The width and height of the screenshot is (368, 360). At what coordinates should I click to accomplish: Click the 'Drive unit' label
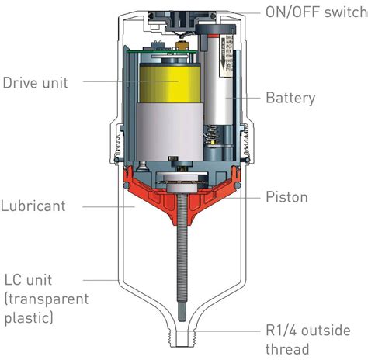point(36,81)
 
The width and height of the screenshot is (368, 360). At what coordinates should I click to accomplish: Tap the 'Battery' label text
point(290,98)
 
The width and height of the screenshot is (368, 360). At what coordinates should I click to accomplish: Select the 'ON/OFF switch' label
point(313,11)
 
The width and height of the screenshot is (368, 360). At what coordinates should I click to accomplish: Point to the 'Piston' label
point(286,197)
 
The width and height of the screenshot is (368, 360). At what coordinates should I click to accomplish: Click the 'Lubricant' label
point(33,207)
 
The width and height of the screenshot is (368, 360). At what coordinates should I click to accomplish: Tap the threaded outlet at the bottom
point(185,341)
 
